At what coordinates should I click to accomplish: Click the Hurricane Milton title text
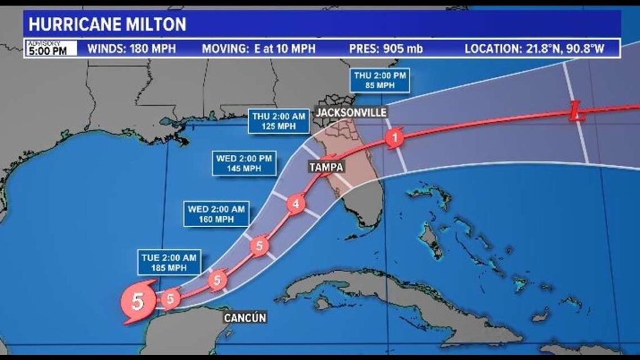pos(107,24)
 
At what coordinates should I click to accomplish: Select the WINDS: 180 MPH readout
pos(131,49)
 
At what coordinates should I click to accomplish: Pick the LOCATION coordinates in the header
pos(534,49)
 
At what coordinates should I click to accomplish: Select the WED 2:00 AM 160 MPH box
pos(216,214)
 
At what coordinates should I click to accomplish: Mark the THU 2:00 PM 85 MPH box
pos(381,80)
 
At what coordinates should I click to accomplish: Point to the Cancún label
pos(245,318)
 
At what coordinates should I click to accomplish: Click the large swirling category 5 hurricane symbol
pos(137,302)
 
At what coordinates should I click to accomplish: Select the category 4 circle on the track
pos(296,204)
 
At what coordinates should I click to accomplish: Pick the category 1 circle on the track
pos(394,137)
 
